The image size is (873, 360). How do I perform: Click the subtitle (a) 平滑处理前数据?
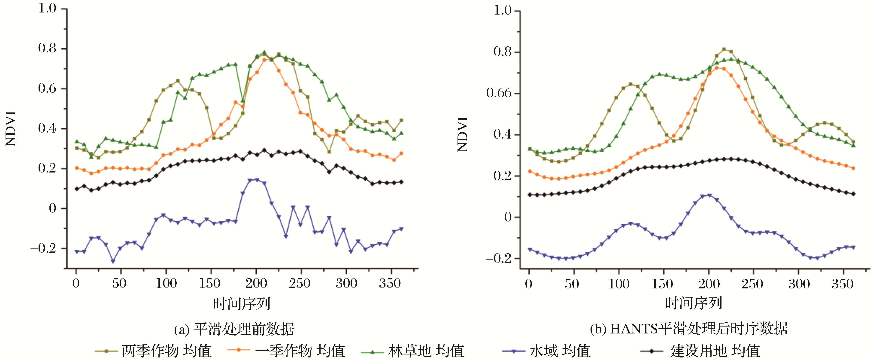click(x=234, y=329)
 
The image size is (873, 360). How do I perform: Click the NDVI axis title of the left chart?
click(x=11, y=129)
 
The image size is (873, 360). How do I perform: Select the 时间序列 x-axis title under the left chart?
click(x=242, y=303)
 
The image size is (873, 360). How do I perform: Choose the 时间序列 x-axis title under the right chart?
click(x=693, y=303)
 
